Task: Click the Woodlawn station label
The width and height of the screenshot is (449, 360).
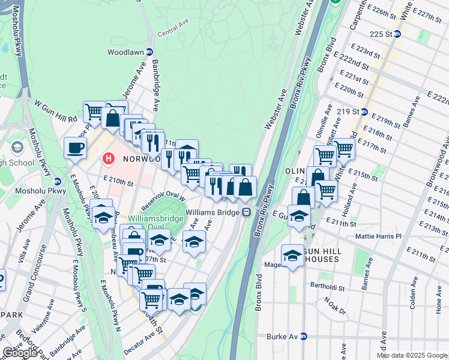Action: pyautogui.click(x=125, y=52)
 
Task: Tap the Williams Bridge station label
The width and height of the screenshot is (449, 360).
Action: pyautogui.click(x=212, y=212)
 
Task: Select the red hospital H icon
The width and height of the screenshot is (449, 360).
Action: pyautogui.click(x=109, y=160)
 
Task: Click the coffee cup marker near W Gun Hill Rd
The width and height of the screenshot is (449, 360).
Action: pyautogui.click(x=75, y=148)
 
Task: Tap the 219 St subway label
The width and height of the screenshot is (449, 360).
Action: pyautogui.click(x=352, y=112)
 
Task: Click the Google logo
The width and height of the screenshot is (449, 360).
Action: pyautogui.click(x=20, y=353)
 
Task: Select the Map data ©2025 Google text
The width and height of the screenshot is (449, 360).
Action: pyautogui.click(x=412, y=355)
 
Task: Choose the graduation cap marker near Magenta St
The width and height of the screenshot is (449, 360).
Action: pyautogui.click(x=292, y=254)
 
